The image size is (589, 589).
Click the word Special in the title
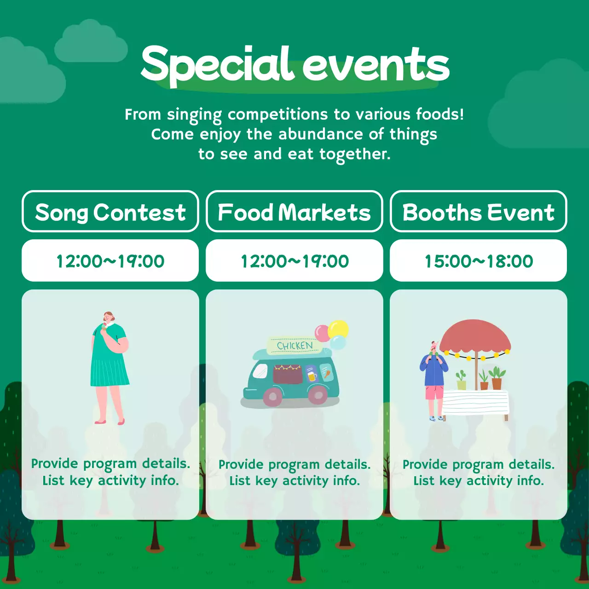(216, 64)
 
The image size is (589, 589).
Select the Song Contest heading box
(110, 212)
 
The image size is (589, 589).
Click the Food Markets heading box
(294, 212)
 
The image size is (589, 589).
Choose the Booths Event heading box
(479, 212)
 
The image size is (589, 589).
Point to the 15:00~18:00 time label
(479, 261)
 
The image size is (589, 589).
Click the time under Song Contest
(110, 261)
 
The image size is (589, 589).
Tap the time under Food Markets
(294, 261)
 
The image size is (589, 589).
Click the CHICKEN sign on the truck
(294, 346)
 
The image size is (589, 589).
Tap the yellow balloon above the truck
(339, 329)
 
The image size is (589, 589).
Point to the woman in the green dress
(109, 364)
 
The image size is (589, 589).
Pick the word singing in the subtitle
(194, 115)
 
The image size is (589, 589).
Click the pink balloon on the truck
(322, 333)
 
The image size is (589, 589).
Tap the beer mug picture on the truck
(312, 376)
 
